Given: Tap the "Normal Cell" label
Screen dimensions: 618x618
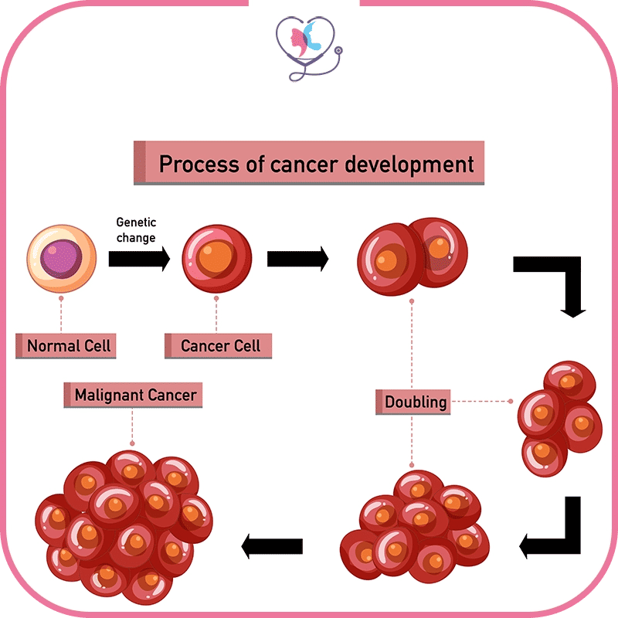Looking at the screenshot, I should [65, 345].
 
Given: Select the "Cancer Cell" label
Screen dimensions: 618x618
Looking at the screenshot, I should [219, 345].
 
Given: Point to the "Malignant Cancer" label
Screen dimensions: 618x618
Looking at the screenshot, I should [135, 396].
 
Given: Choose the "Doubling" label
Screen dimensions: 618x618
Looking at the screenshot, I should [416, 402].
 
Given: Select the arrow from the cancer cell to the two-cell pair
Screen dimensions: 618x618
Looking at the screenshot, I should [297, 259].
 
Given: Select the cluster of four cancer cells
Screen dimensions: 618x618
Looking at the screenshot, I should [559, 417].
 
